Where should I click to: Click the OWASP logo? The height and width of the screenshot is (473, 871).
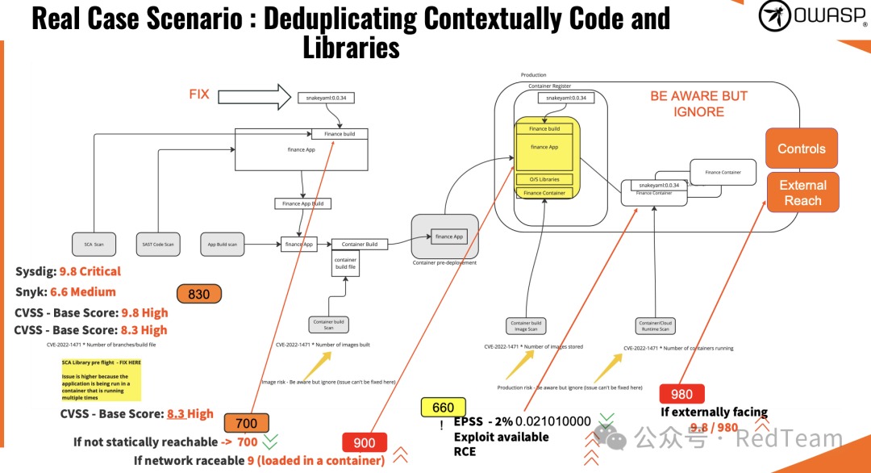(x=813, y=16)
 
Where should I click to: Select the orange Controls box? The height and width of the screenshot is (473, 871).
(x=802, y=149)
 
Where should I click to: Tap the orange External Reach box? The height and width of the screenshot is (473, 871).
(x=802, y=193)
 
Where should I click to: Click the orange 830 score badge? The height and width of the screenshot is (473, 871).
(x=198, y=295)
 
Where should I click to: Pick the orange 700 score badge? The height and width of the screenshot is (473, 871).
(x=246, y=423)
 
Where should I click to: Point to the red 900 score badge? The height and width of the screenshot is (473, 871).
(x=365, y=442)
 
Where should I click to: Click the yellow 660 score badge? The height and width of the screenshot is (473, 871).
(x=443, y=408)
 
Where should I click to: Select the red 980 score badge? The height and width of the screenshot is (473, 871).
(x=681, y=394)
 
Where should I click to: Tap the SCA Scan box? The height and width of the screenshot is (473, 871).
(x=94, y=243)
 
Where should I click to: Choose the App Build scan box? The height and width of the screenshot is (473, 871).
(x=222, y=243)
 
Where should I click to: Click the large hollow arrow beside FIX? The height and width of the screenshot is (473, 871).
(x=253, y=96)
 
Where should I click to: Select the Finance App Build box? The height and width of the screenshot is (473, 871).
(x=302, y=204)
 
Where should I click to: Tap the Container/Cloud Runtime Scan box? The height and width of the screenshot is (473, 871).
(x=654, y=325)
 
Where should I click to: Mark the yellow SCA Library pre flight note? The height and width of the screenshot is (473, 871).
(x=101, y=380)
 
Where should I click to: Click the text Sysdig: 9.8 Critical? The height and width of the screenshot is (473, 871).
(x=68, y=271)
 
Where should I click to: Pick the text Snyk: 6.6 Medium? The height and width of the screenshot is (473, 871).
(x=65, y=291)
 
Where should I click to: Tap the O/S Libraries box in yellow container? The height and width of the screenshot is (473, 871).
(x=544, y=179)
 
